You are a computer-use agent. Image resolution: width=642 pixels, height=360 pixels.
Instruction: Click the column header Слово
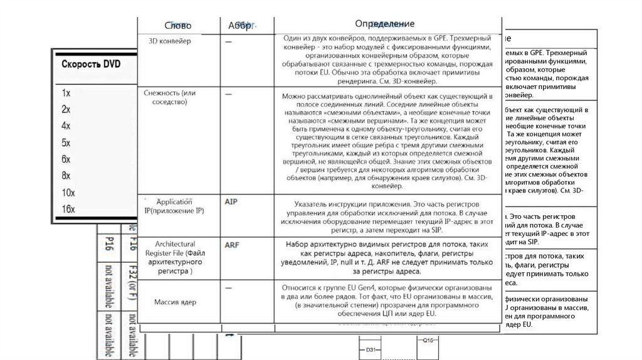[x=177, y=26]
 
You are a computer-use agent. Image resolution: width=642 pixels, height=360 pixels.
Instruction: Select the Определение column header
[x=384, y=24]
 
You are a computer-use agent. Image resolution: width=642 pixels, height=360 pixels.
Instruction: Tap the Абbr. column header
[x=239, y=26]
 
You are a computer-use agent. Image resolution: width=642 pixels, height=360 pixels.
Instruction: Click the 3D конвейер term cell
[x=169, y=41]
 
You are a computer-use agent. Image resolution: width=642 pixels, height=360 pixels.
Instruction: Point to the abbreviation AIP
[x=232, y=203]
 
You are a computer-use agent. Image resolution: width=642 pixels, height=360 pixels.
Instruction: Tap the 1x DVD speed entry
[x=66, y=92]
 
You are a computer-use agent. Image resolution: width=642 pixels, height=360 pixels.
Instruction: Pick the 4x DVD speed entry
[x=66, y=125]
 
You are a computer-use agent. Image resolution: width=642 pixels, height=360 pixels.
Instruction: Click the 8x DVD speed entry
[x=66, y=176]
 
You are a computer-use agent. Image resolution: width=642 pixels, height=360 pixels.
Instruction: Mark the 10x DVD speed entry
[x=68, y=192]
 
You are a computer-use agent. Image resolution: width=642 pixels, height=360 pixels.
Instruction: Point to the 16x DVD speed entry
[x=68, y=209]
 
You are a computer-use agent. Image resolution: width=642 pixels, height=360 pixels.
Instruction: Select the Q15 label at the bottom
[x=429, y=341]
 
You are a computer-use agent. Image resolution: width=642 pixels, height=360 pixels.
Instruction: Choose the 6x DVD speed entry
[x=66, y=159]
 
